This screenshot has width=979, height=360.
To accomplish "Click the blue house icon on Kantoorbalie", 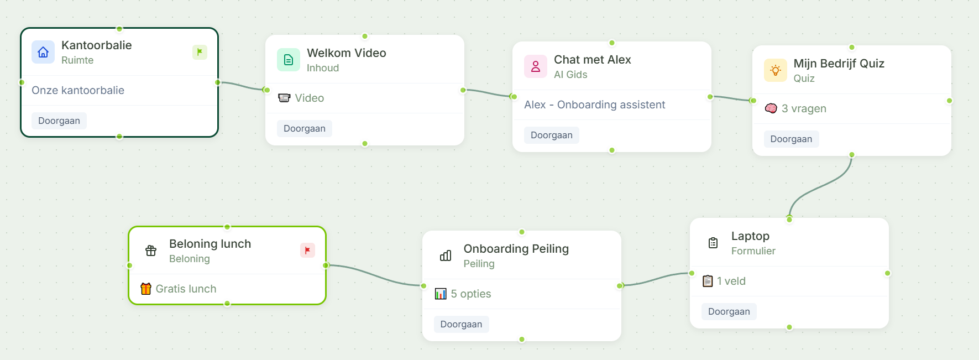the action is [43, 52].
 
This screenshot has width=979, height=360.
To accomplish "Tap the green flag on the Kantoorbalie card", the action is [200, 52].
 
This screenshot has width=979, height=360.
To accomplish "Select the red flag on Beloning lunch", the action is [307, 250].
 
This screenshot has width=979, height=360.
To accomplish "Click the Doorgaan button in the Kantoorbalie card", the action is [59, 121].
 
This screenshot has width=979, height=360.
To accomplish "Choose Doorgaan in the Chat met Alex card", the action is [551, 135].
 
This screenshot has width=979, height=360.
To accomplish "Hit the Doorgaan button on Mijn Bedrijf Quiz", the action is [791, 139].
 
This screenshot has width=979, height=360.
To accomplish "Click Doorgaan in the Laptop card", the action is [729, 311].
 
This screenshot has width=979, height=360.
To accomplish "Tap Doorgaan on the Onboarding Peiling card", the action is [461, 324].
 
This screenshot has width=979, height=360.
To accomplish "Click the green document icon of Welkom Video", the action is [289, 60].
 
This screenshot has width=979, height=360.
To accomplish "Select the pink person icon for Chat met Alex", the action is [536, 66].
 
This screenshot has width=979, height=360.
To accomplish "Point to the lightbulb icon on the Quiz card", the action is [775, 70].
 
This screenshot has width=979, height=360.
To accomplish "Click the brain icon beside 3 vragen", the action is [771, 108].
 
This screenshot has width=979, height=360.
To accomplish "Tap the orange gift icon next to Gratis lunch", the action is [146, 289].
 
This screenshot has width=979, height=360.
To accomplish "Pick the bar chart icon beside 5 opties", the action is [441, 294].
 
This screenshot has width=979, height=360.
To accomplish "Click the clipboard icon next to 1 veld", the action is [708, 281].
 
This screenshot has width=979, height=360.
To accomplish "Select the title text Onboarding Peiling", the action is [516, 249].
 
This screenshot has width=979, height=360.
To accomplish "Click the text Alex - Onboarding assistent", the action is [594, 105].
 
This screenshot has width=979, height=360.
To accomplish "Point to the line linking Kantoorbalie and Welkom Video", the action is [242, 86].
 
